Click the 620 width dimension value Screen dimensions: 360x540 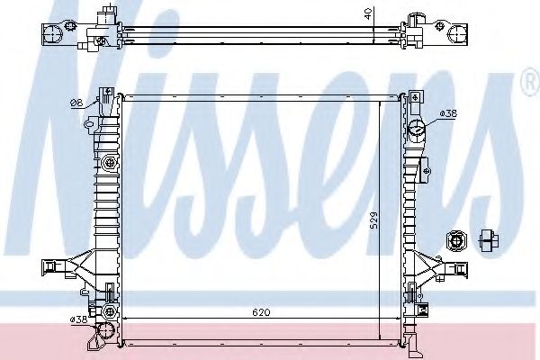click(261, 312)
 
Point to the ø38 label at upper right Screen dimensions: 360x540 click(447, 112)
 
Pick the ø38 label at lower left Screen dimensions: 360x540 click(77, 319)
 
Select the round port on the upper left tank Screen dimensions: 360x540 click(110, 163)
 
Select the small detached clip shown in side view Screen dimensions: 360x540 click(489, 239)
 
